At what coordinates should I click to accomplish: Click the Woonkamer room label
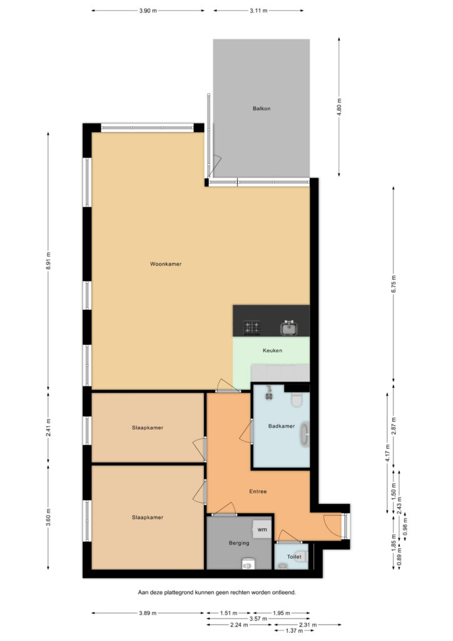point(165,264)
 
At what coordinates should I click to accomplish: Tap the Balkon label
point(262,109)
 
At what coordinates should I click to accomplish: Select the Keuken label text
point(272,351)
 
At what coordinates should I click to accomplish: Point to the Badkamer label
point(282,426)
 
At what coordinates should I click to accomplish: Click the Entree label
point(258,491)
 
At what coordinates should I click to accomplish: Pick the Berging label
point(239,543)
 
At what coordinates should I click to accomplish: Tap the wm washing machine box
point(262,530)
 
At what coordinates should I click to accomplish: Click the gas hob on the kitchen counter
point(252,328)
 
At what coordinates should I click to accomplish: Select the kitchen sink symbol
point(289,328)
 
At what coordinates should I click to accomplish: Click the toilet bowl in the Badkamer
point(297,400)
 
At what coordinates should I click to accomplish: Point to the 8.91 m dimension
point(49,260)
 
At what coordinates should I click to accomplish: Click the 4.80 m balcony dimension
point(339,107)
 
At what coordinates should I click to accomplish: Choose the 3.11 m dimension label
point(258,11)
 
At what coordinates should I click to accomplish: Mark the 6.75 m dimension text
point(394,284)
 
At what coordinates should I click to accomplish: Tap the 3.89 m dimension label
point(148,613)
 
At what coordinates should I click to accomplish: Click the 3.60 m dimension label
point(49,516)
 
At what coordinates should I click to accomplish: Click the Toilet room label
point(294,556)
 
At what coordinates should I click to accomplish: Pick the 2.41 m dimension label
point(49,427)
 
